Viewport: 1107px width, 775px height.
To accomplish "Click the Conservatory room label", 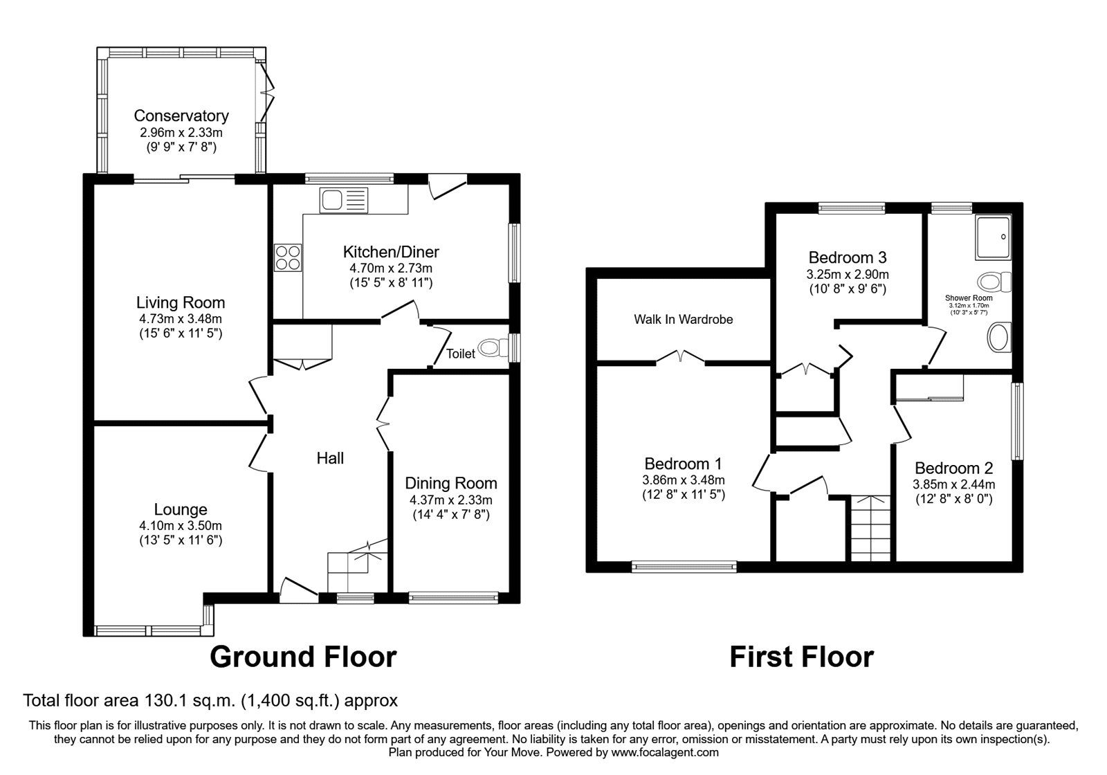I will coord(181,116).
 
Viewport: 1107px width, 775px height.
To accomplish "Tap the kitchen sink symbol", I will coord(344,201).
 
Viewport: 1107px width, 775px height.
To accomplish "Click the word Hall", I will coord(330,457).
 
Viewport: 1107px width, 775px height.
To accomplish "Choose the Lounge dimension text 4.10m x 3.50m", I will coord(181,526).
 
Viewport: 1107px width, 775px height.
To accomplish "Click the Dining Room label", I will coord(450,483).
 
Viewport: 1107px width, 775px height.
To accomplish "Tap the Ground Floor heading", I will coord(303,656).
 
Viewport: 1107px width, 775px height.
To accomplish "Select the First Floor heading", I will coord(801,656).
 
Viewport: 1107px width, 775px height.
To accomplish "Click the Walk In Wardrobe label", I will coord(683,319).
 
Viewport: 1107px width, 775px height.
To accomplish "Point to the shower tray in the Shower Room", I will coord(994,237).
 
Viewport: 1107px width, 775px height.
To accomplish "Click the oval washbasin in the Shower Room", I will coord(996,338).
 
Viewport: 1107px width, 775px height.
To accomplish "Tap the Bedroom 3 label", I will coord(847,257).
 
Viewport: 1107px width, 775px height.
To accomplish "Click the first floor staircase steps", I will coord(870,529).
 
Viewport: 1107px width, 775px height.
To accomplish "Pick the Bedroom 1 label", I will coord(683,464).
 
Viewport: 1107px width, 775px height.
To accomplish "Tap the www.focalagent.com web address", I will coord(664,752).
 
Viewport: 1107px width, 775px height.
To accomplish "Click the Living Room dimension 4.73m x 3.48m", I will coord(181,319).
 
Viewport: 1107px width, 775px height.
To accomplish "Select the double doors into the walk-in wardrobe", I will coord(681,357).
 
